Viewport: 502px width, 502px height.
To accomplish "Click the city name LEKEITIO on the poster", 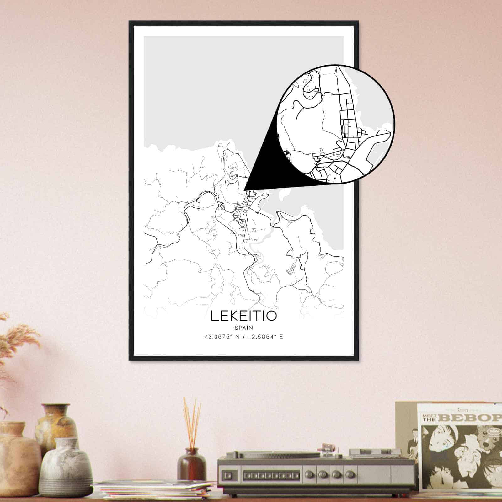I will pyautogui.click(x=244, y=316).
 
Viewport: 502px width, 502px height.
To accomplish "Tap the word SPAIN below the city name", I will pyautogui.click(x=244, y=328).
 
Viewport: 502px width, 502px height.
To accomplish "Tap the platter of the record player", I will pyautogui.click(x=282, y=454).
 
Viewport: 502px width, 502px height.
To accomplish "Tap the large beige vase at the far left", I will pyautogui.click(x=17, y=455).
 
